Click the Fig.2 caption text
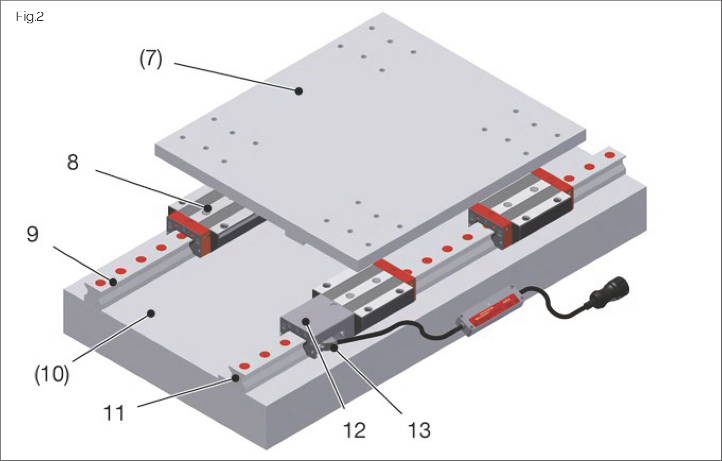pos(30,17)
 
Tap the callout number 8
pos(73,163)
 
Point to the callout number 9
pos(33,234)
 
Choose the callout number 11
pos(114,412)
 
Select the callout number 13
pos(418,430)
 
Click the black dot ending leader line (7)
pos(299,91)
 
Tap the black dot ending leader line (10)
pos(151,313)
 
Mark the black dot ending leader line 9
pos(113,281)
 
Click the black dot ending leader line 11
pos(234,378)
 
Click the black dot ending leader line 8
pos(209,208)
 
